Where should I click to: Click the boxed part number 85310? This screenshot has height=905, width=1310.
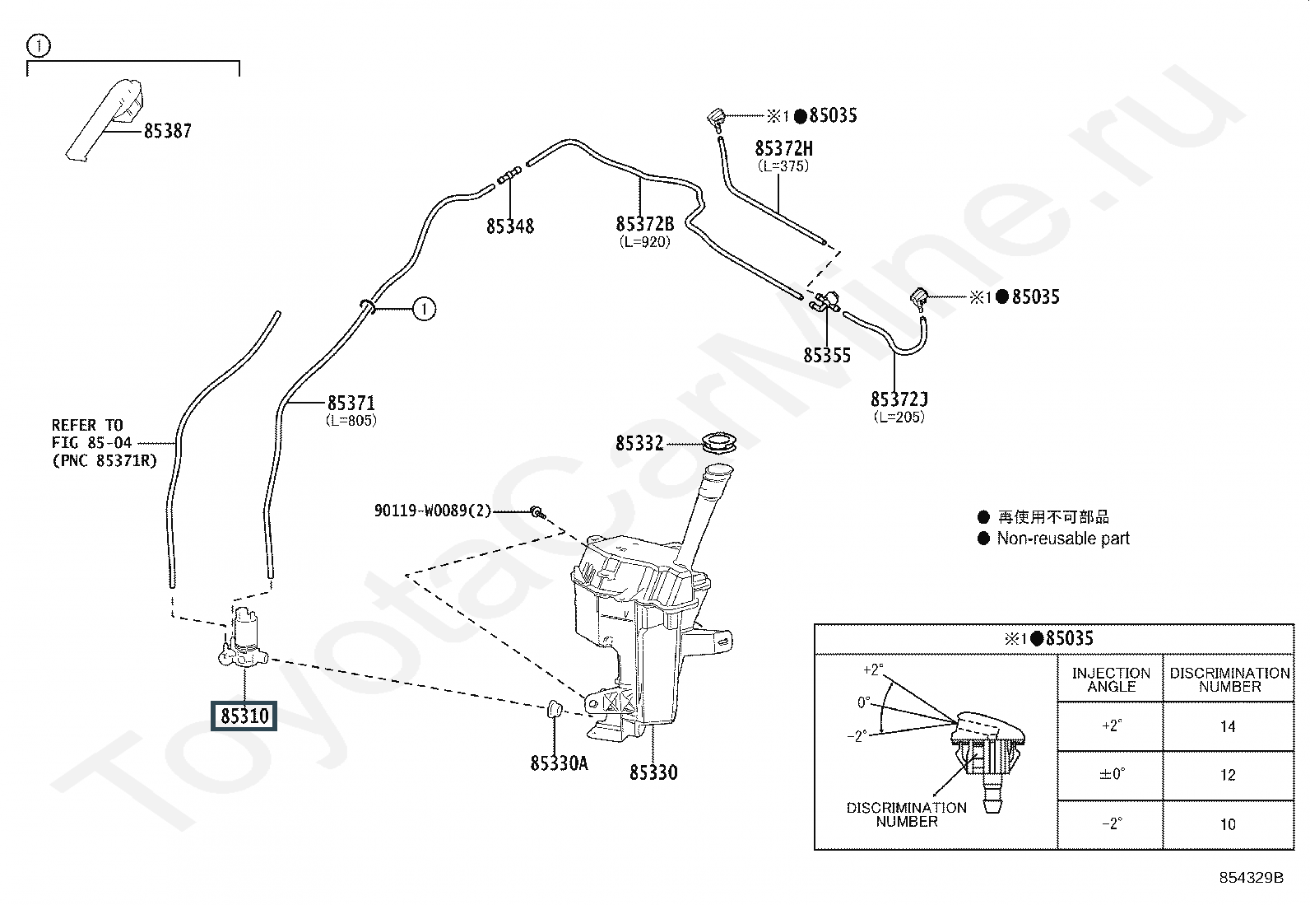pos(244,716)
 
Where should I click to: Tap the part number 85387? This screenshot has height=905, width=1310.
pos(167,131)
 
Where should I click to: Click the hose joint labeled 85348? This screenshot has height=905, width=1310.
pos(509,175)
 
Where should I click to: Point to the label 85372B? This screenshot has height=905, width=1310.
pos(645,224)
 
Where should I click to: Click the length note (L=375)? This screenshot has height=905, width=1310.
pos(783,166)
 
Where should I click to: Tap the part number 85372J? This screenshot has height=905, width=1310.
pos(899,399)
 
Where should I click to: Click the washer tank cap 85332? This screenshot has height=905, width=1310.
pos(718,442)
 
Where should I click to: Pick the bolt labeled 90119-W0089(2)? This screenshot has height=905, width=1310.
pos(538,513)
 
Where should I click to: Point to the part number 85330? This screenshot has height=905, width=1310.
pos(653,772)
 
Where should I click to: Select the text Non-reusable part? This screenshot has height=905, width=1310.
pos(1063,538)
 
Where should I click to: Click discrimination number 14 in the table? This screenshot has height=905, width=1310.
pos(1228,726)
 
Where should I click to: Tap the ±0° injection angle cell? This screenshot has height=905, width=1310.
pos(1112,774)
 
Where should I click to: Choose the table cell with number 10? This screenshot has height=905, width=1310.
pos(1228,824)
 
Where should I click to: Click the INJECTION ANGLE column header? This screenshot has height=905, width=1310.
pos(1111,679)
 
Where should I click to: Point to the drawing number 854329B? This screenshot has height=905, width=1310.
pos(1252,878)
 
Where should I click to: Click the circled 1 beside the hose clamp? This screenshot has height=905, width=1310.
pos(424,309)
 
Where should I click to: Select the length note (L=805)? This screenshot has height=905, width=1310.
pos(351,420)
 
